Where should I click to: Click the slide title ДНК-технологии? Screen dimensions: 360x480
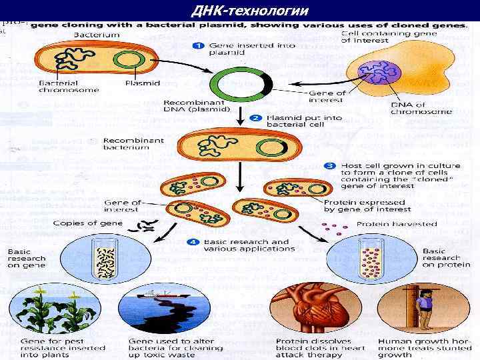coord(250,11)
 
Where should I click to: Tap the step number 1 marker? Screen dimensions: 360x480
coord(198,46)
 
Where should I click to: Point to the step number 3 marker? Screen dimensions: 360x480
coord(329,165)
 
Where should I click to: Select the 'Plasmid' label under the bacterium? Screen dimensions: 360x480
coord(142,83)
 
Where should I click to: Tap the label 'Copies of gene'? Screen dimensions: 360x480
coord(87,223)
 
